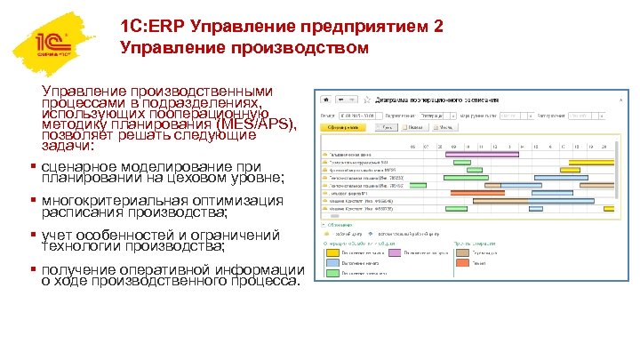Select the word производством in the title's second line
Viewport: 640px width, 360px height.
pyautogui.click(x=306, y=48)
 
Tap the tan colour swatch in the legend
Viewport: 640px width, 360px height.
pyautogui.click(x=466, y=252)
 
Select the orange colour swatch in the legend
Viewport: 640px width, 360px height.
pyautogui.click(x=466, y=263)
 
